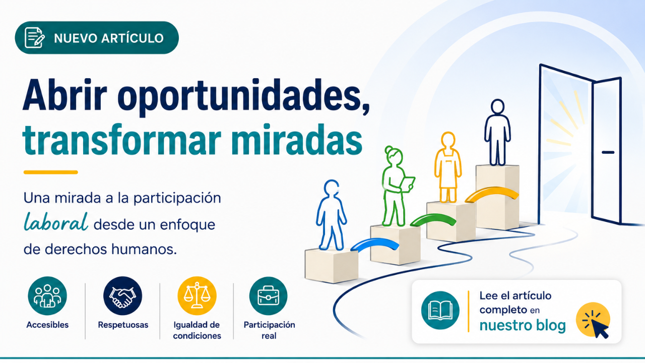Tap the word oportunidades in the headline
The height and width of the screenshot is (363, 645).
(x=243, y=97)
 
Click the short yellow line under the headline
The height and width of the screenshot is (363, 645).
(x=51, y=172)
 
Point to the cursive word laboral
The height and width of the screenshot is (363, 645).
(x=56, y=222)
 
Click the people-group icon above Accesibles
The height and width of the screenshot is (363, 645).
(x=47, y=296)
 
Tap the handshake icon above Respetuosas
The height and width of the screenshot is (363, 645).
(x=122, y=296)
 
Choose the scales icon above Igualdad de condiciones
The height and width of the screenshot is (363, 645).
(x=197, y=296)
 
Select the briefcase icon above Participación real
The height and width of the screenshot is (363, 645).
(x=269, y=296)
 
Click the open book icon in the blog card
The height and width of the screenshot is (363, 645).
(x=440, y=310)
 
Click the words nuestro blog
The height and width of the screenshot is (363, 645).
(x=523, y=326)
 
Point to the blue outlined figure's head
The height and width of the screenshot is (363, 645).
(x=331, y=188)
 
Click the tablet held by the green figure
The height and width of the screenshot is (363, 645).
(x=407, y=185)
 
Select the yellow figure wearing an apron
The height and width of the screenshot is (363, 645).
(x=448, y=167)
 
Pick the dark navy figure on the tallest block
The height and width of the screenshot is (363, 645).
(x=497, y=132)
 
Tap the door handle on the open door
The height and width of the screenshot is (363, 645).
(x=608, y=152)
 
